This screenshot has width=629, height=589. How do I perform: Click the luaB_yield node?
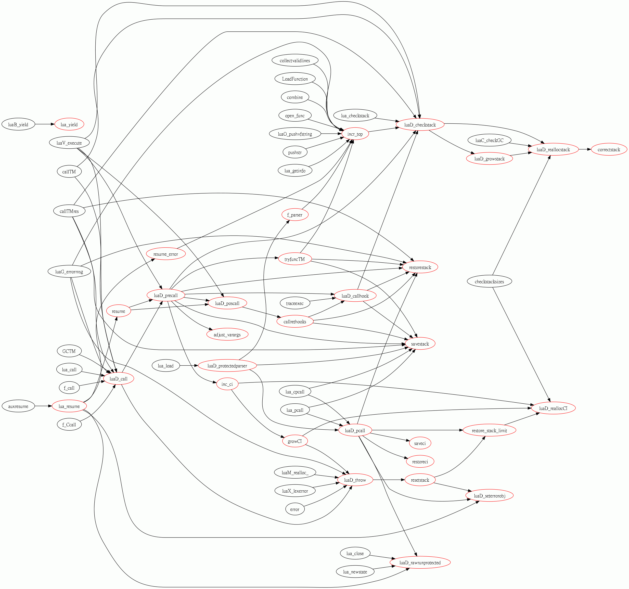coord(18,124)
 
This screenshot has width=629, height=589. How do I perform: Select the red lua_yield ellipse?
coord(69,124)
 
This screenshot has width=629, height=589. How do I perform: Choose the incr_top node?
coord(355,134)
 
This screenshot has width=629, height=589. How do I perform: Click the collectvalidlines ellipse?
coord(294,60)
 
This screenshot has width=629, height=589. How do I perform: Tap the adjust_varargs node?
coord(227,335)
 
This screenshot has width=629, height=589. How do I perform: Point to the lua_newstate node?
coord(355,572)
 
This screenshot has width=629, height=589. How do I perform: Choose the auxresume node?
coord(18,406)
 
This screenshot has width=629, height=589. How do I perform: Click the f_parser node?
coord(294,215)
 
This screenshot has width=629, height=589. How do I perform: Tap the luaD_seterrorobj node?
coord(489,496)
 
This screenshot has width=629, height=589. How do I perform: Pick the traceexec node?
coord(294,303)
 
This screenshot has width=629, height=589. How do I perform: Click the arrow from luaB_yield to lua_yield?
coord(45,124)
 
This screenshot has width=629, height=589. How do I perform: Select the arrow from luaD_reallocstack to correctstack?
coord(585,149)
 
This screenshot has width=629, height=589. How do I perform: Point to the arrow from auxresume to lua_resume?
coord(43,406)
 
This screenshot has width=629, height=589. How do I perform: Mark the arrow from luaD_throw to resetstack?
coord(389,480)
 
